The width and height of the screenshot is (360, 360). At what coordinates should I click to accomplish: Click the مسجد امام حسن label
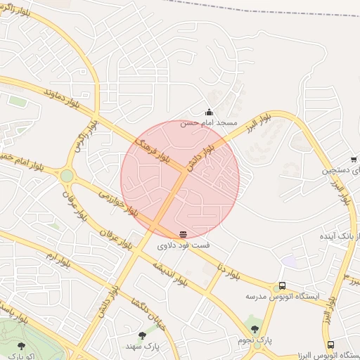209,122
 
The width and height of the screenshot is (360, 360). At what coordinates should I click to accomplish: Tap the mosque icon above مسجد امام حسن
209,112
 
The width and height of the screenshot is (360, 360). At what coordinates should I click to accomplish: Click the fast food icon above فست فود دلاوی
183,234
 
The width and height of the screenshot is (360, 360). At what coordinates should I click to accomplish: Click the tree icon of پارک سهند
143,335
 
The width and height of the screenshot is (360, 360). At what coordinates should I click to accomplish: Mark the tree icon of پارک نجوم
255,328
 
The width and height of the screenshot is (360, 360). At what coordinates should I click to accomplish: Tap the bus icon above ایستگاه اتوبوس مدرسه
282,286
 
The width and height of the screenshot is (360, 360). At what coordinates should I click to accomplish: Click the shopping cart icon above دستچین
354,160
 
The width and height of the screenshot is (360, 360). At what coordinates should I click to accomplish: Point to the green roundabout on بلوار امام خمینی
67,175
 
